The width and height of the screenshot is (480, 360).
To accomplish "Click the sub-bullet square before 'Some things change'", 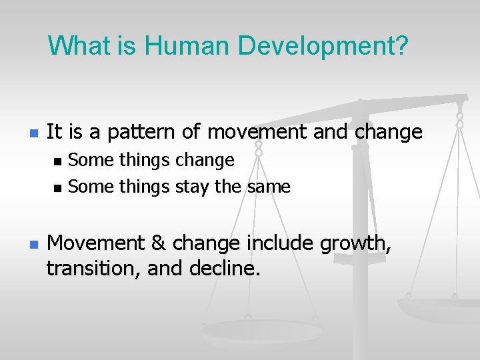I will point(58,161).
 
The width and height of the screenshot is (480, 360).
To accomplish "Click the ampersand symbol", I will point(157,244).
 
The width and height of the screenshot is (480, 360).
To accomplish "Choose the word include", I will point(277,244).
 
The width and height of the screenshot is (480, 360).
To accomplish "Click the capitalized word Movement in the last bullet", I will point(93,244).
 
